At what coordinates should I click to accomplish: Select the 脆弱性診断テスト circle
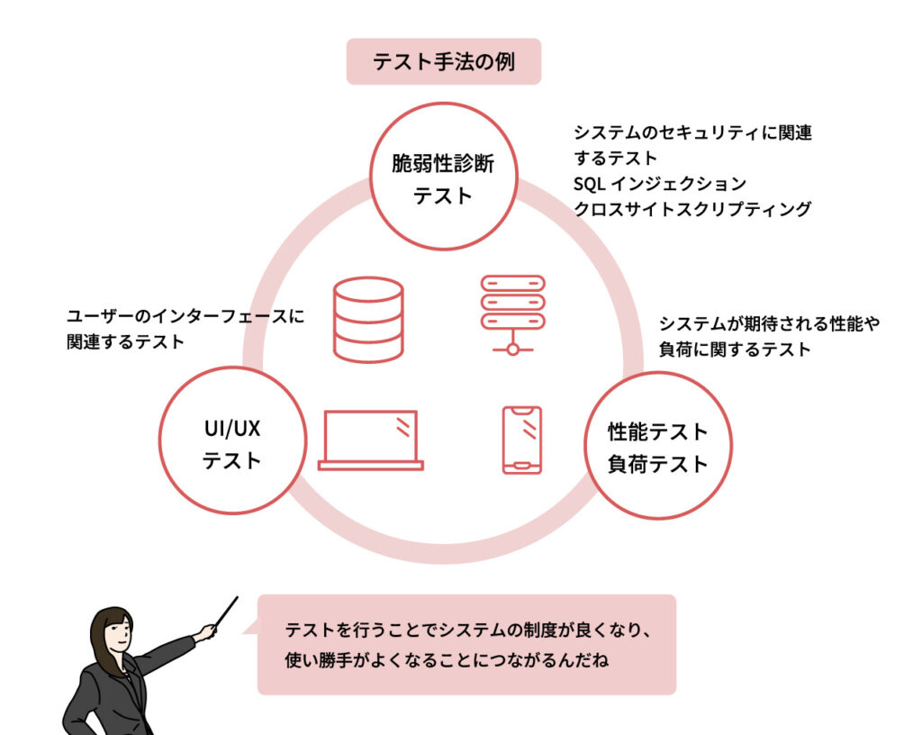click(x=443, y=178)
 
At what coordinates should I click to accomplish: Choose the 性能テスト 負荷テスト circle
click(x=658, y=447)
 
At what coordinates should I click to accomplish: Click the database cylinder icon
click(x=367, y=319)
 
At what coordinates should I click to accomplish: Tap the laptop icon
click(x=371, y=440)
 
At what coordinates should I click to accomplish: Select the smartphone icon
click(x=521, y=440)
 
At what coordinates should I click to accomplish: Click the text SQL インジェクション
click(x=660, y=184)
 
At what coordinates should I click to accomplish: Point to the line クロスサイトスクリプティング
click(x=692, y=209)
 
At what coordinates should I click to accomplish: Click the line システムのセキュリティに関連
click(x=692, y=133)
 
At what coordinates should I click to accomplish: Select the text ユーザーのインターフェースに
click(x=185, y=316)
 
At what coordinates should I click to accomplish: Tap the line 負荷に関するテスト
click(x=735, y=349)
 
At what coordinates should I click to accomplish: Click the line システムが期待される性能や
click(x=768, y=323)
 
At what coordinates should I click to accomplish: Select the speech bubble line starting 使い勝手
click(x=447, y=661)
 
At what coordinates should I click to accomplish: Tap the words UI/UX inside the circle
click(x=230, y=429)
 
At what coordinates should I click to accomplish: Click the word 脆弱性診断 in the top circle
click(x=443, y=164)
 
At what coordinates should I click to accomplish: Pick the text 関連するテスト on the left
click(x=125, y=341)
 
